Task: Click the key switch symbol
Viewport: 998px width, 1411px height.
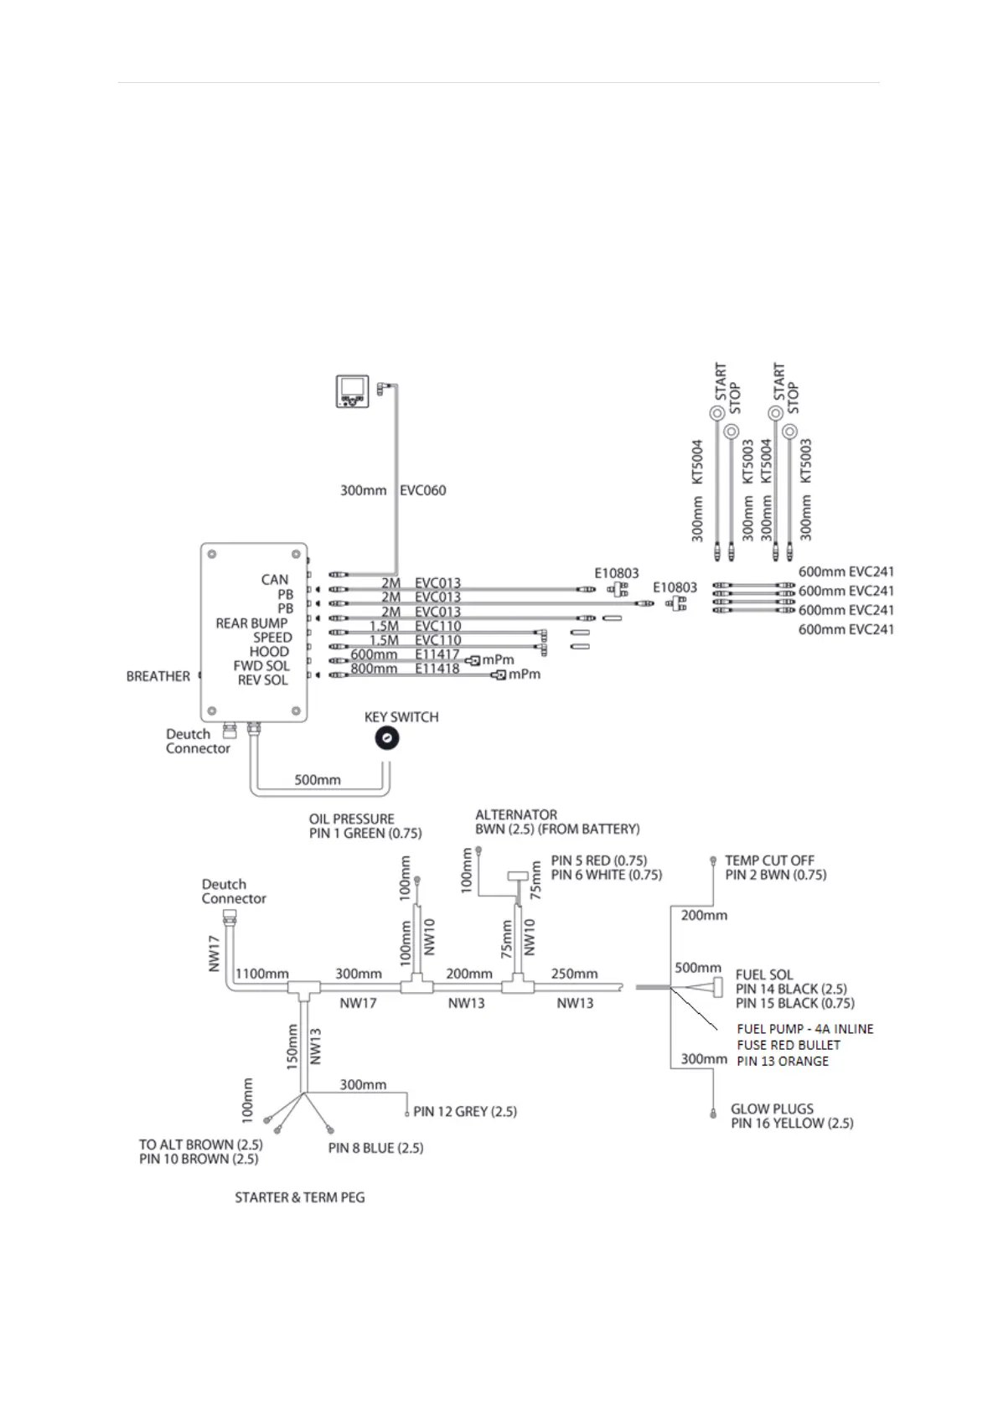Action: pyautogui.click(x=386, y=738)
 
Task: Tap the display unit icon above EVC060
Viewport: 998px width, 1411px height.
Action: pyautogui.click(x=353, y=390)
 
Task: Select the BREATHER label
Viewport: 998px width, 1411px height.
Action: pyautogui.click(x=158, y=676)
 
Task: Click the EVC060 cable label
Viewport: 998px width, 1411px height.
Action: pyautogui.click(x=423, y=490)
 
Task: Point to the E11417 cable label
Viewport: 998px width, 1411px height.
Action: pyautogui.click(x=437, y=654)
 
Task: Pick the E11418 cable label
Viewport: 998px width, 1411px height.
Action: pyautogui.click(x=437, y=669)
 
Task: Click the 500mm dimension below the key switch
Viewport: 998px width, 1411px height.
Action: pyautogui.click(x=317, y=780)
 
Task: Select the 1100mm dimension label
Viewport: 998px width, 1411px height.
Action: pyautogui.click(x=262, y=974)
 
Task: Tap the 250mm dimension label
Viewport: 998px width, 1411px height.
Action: pyautogui.click(x=574, y=974)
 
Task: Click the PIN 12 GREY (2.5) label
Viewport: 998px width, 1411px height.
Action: pyautogui.click(x=465, y=1112)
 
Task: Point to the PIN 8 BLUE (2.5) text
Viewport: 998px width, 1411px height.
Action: pyautogui.click(x=375, y=1148)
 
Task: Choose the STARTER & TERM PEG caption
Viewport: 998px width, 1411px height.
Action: pyautogui.click(x=300, y=1198)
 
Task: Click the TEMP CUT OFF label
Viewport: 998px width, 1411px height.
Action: pyautogui.click(x=769, y=861)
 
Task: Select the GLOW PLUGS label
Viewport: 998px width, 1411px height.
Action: pyautogui.click(x=772, y=1109)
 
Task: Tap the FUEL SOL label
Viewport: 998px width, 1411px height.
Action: pyautogui.click(x=764, y=975)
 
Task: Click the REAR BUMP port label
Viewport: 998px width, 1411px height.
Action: pyautogui.click(x=251, y=623)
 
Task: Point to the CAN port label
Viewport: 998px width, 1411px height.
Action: pyautogui.click(x=275, y=580)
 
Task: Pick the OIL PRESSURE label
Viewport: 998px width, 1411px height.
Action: pyautogui.click(x=351, y=819)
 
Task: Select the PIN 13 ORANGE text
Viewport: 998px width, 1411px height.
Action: pyautogui.click(x=783, y=1062)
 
